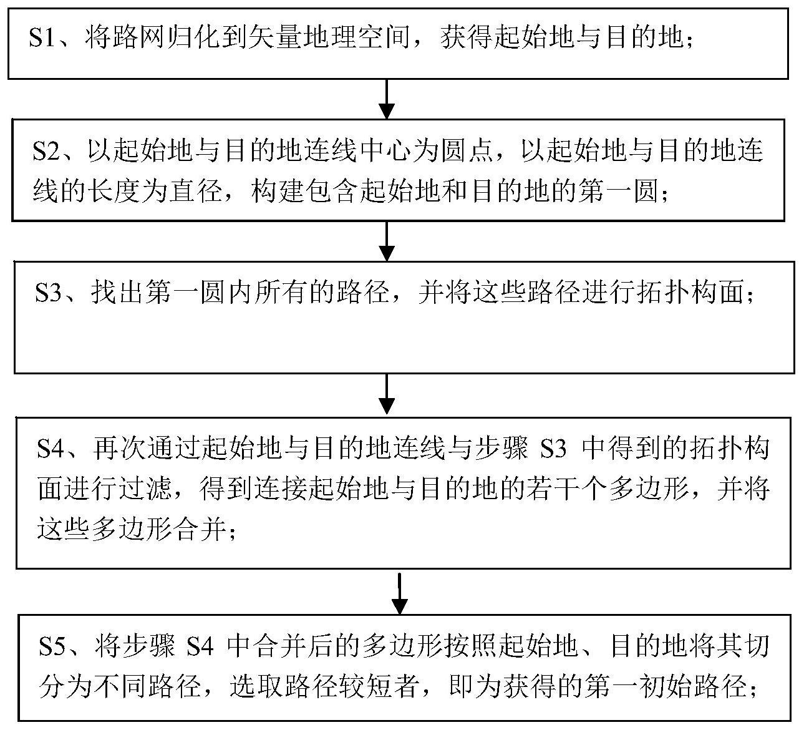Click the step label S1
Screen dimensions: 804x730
pos(42,37)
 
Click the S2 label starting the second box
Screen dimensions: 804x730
pos(46,151)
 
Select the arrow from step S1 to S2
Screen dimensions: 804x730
pos(386,99)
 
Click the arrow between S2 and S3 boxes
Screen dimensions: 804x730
pos(386,241)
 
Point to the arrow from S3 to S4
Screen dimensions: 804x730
pos(386,394)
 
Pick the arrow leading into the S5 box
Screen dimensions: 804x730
pos(400,593)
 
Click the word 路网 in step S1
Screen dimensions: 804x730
pos(125,37)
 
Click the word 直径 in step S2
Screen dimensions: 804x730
pos(196,190)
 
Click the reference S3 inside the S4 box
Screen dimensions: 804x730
pos(553,448)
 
